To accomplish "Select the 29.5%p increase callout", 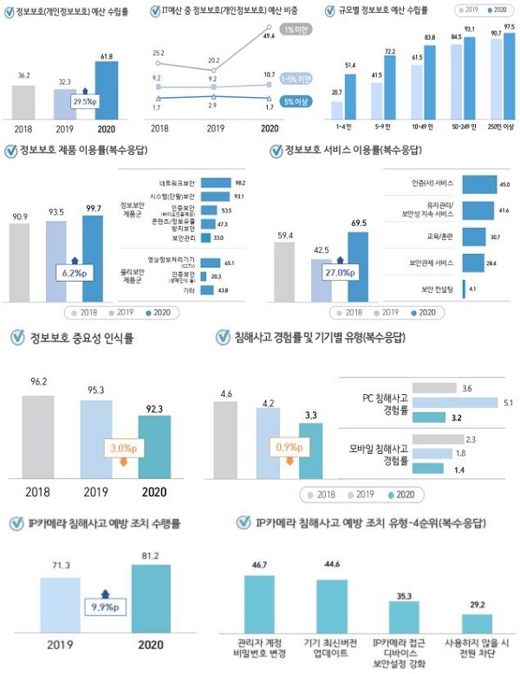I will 83,101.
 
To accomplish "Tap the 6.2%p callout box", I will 71,271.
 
